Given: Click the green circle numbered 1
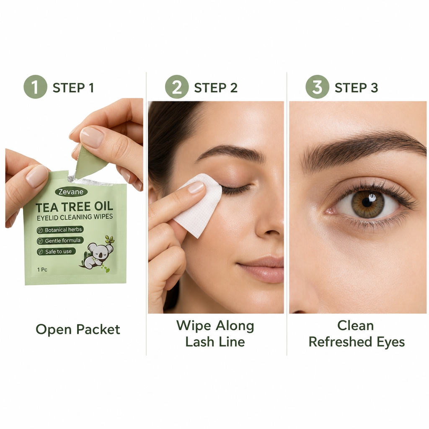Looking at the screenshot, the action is pos(35,87).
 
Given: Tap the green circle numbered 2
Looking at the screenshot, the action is pos(177,87).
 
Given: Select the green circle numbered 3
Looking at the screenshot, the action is pos(318,87).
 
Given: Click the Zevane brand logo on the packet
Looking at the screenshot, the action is pos(71,192).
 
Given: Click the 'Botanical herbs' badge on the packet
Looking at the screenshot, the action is pos(60,230).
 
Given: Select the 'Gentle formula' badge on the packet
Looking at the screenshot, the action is pos(60,241).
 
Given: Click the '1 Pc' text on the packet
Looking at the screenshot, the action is pos(42,269).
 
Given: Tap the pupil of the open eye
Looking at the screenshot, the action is pos(367,202).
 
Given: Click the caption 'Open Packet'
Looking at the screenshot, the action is pos(78,329).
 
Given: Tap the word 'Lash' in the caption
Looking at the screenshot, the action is pos(200,342).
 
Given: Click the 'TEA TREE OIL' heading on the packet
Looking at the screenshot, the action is pos(75,207).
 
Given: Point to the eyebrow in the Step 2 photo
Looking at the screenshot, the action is pos(230,152).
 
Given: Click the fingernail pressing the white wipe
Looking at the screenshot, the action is pos(196,187).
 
